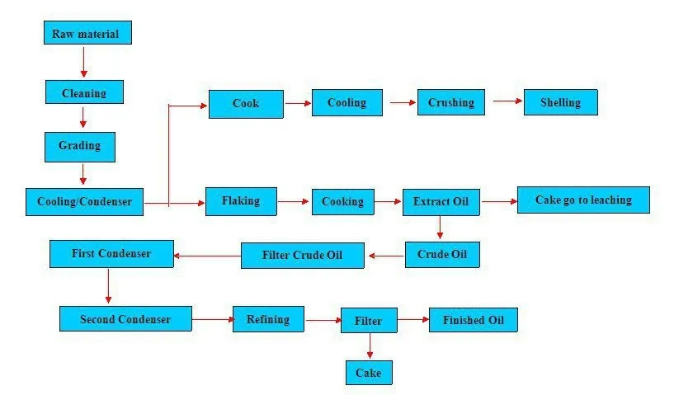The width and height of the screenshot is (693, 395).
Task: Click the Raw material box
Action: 87,33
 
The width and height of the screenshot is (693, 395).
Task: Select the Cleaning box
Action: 84,92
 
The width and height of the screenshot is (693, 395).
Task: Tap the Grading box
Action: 79,146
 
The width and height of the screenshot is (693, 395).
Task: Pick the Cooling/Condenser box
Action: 84,201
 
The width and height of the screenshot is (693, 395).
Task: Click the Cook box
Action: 246,103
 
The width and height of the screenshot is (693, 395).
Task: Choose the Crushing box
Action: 451,102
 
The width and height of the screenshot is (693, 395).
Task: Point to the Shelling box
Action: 560,102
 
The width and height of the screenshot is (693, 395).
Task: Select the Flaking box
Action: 241,200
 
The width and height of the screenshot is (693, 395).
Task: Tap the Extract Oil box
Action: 441,201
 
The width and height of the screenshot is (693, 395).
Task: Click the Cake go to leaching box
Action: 583,200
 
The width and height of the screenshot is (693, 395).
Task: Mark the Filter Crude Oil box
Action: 302,255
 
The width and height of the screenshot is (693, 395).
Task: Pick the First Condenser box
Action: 111,253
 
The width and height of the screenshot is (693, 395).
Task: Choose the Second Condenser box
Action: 125,318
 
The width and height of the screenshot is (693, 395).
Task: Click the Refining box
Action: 268,318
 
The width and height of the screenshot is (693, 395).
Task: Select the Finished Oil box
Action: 473,319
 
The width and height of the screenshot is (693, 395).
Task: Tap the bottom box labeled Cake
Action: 368,373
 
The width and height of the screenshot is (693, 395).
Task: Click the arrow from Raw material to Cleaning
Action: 83,62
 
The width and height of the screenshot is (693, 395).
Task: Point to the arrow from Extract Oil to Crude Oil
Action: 441,228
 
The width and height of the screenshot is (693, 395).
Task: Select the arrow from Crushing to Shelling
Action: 508,101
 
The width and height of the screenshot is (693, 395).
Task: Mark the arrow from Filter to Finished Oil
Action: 412,319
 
